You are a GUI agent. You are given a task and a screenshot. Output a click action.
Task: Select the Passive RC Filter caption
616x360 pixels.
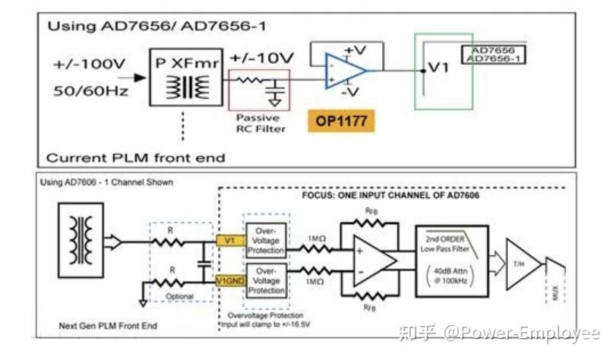pyautogui.click(x=260, y=123)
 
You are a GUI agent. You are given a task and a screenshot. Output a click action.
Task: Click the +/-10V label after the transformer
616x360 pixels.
pyautogui.click(x=261, y=58)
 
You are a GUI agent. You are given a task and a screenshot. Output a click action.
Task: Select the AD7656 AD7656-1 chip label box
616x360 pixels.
pyautogui.click(x=494, y=55)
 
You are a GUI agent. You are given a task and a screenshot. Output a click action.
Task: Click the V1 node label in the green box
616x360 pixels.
pyautogui.click(x=438, y=68)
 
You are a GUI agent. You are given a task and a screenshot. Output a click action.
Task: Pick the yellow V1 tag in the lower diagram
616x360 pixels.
pyautogui.click(x=226, y=241)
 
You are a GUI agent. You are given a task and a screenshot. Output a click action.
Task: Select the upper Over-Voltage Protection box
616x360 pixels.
pyautogui.click(x=265, y=240)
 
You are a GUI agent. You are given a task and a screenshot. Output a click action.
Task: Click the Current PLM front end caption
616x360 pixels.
pyautogui.click(x=136, y=158)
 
